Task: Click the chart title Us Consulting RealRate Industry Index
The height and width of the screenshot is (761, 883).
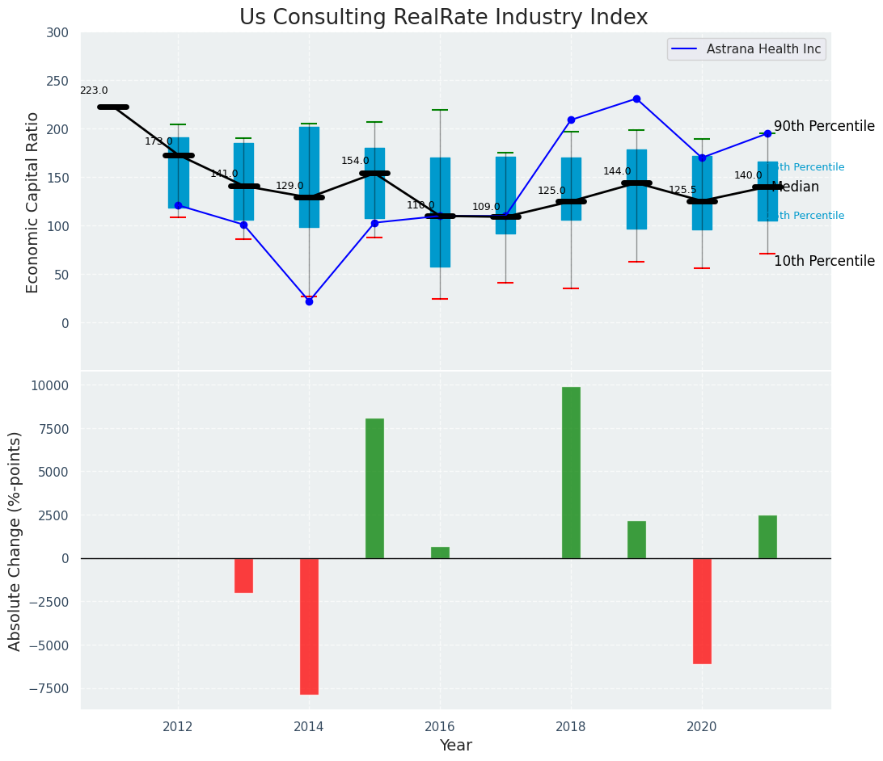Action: click(x=443, y=18)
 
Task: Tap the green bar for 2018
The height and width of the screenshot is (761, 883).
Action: click(x=571, y=473)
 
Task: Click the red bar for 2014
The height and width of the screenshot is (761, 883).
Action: click(x=309, y=626)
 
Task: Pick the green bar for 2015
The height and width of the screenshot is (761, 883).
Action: click(x=374, y=488)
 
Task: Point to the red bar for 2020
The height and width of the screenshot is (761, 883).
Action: click(x=702, y=611)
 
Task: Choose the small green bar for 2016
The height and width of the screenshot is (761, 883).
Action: click(x=440, y=553)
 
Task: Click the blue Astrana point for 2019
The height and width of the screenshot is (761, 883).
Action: click(x=636, y=99)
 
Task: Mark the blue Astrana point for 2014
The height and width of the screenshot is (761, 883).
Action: click(x=309, y=301)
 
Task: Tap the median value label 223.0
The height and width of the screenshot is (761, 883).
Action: click(x=94, y=90)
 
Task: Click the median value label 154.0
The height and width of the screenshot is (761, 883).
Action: click(x=355, y=161)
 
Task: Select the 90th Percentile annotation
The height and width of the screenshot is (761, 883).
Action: click(x=824, y=126)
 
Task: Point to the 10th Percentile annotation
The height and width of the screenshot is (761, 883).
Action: click(x=824, y=261)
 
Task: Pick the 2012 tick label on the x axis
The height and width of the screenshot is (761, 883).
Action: click(x=178, y=727)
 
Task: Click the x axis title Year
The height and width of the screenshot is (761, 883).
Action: click(x=456, y=746)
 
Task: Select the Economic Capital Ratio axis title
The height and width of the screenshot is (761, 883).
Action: click(x=33, y=202)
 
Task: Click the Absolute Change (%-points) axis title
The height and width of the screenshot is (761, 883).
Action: click(x=15, y=540)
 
